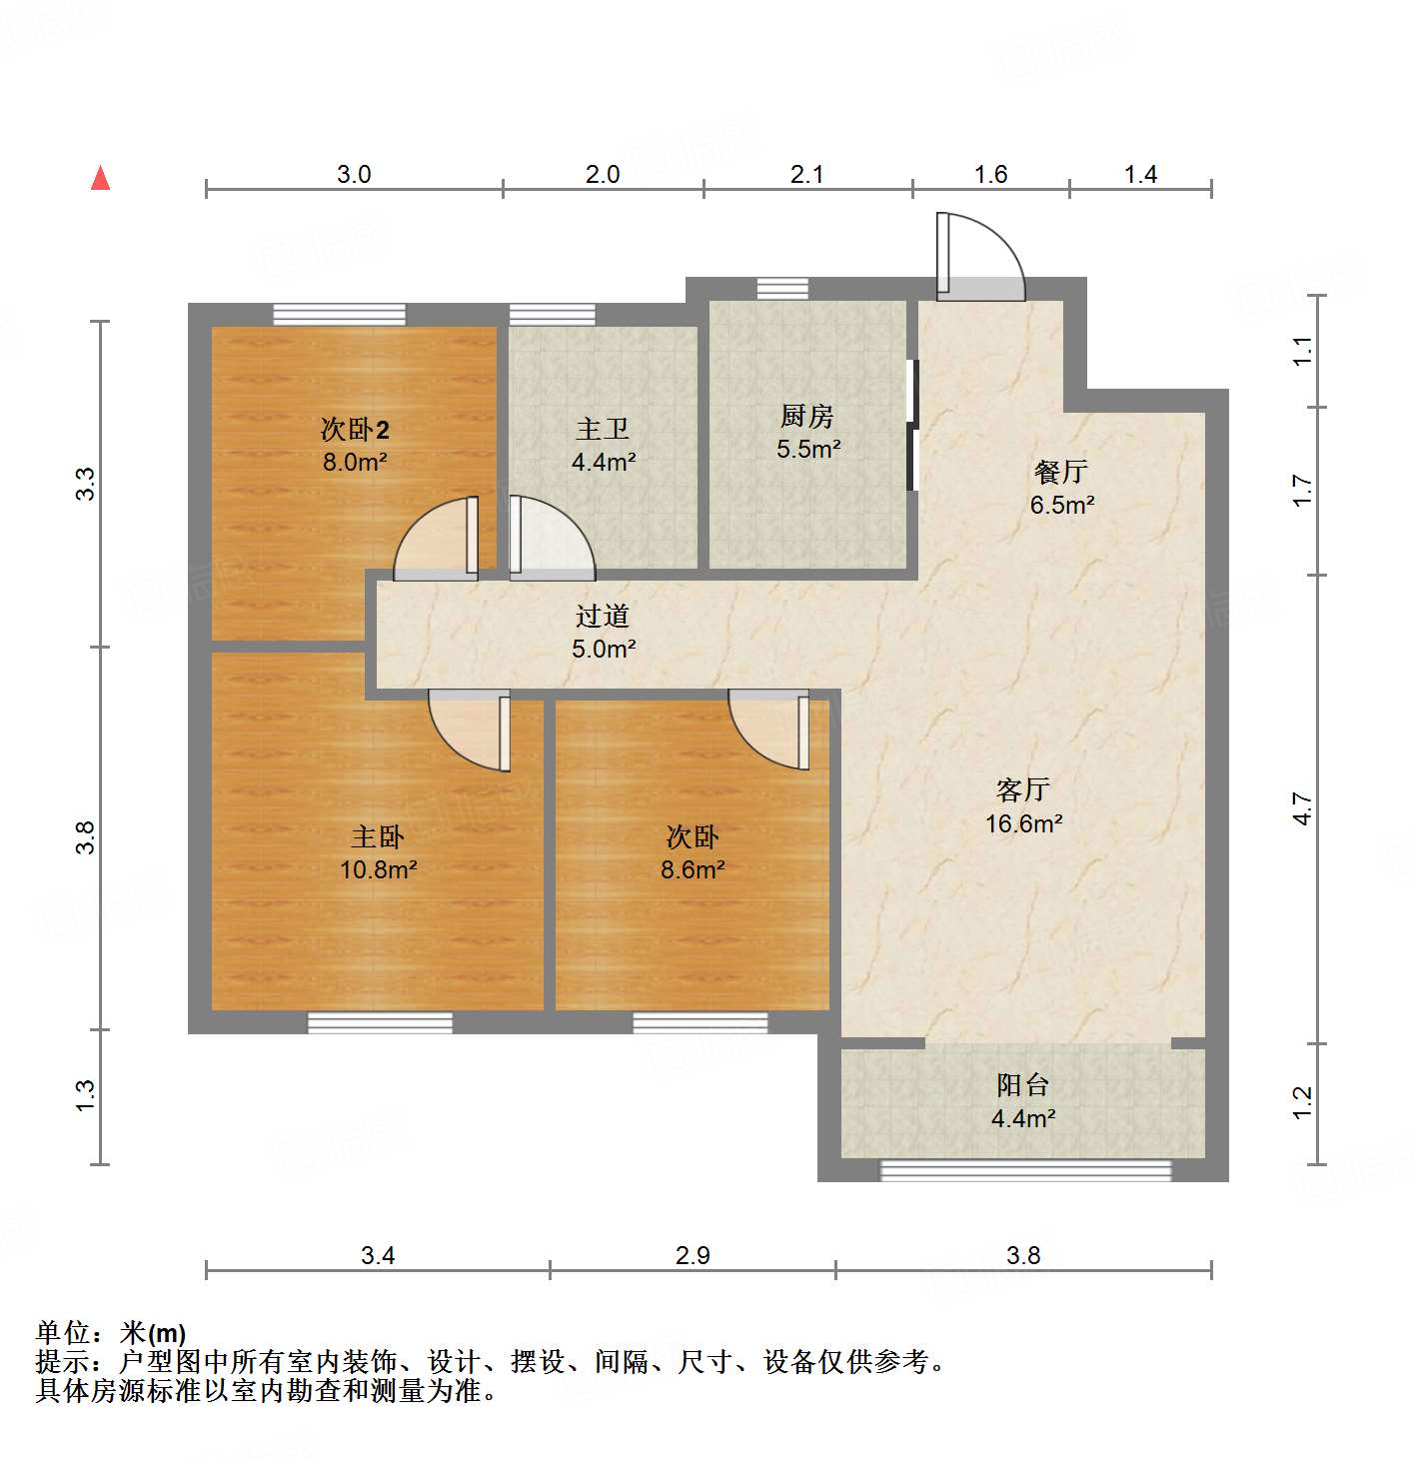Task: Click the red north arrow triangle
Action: (x=100, y=178)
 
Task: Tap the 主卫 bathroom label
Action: (x=603, y=429)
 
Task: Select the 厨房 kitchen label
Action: (x=807, y=416)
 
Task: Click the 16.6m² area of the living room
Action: (x=1023, y=823)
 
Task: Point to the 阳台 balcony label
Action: (x=1022, y=1085)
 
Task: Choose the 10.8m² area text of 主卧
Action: (x=378, y=869)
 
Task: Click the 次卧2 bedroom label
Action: (x=355, y=430)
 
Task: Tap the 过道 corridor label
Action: (x=603, y=617)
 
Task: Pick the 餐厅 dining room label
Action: (x=1061, y=472)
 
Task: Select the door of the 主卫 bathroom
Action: (x=549, y=540)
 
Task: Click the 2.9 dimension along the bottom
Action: (x=693, y=1255)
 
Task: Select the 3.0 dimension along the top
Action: (x=354, y=175)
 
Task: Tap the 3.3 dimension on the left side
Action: (x=87, y=485)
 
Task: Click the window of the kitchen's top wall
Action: (x=782, y=289)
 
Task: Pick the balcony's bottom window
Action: (x=1025, y=1170)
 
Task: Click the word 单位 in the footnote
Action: (x=62, y=1332)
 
